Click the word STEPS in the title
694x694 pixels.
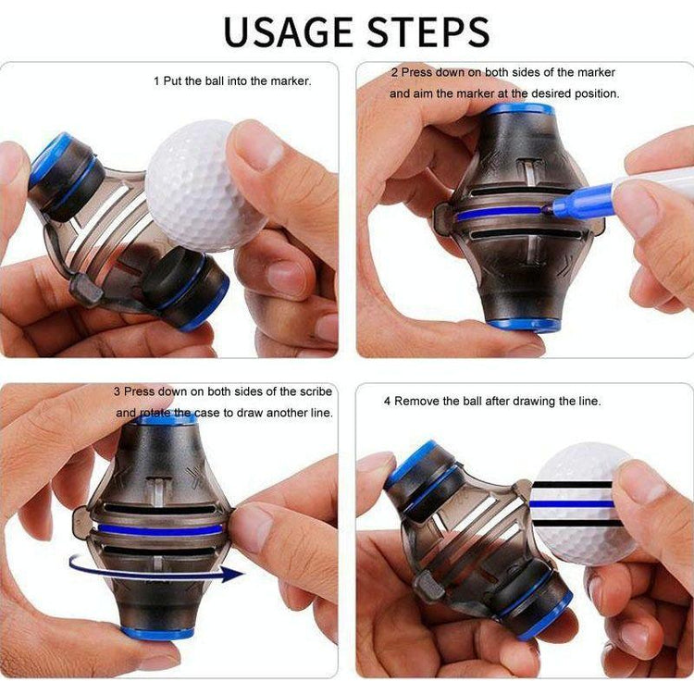tap(428, 31)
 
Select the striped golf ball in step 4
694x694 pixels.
tap(580, 504)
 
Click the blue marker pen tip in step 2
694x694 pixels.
tap(546, 207)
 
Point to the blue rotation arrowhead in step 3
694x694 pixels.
tap(232, 574)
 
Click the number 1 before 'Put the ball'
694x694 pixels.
tap(156, 81)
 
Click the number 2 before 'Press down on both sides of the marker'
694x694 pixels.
tap(394, 72)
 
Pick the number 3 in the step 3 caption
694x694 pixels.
tap(117, 391)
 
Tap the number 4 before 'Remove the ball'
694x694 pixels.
tap(388, 402)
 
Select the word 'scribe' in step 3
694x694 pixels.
tap(316, 391)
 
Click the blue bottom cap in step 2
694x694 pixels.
tap(524, 326)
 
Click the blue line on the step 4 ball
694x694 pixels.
tap(571, 504)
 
